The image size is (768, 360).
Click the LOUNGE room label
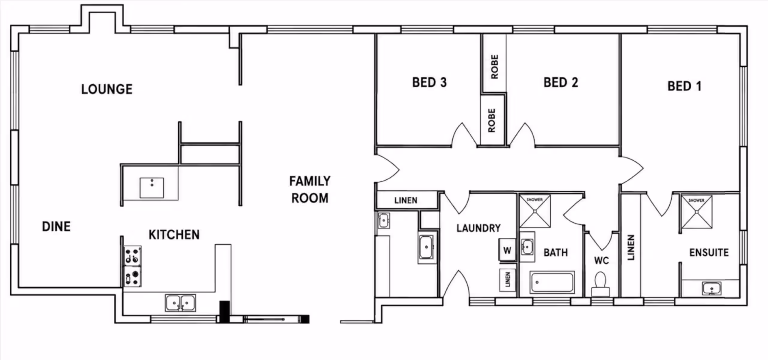[x=107, y=89]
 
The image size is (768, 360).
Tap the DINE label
[x=56, y=226]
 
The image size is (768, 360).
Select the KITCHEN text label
[x=174, y=235]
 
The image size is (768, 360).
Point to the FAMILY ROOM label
[x=310, y=190]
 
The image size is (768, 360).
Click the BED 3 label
[x=429, y=82]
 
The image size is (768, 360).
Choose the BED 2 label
[x=561, y=82]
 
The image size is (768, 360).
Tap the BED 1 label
[x=684, y=86]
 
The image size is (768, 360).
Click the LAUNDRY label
[x=478, y=228]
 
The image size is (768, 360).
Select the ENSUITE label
[x=709, y=253]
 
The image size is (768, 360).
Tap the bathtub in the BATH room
[x=552, y=282]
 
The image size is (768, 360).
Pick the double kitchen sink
[x=180, y=303]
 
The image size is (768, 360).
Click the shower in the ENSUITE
[x=697, y=212]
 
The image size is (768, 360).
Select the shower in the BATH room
[x=535, y=211]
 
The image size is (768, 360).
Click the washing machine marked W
[x=507, y=250]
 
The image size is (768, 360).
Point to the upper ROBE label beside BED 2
[x=495, y=67]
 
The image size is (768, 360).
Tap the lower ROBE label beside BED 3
[x=491, y=121]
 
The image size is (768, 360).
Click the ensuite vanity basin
[x=712, y=289]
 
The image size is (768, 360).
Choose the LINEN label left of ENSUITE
[x=631, y=247]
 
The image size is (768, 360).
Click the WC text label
[x=601, y=260]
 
